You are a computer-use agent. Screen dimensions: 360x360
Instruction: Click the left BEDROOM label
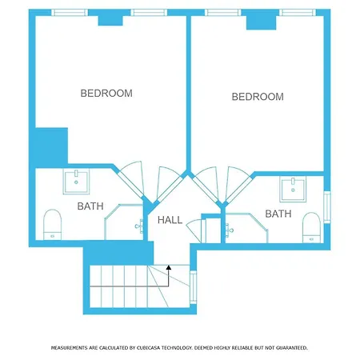pyautogui.click(x=106, y=94)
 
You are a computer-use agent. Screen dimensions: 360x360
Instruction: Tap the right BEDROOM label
pyautogui.click(x=258, y=97)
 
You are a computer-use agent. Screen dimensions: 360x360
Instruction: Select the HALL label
pyautogui.click(x=170, y=220)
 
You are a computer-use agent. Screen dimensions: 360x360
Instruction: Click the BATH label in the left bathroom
pyautogui.click(x=90, y=206)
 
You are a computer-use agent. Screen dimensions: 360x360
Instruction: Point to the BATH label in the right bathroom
pyautogui.click(x=278, y=214)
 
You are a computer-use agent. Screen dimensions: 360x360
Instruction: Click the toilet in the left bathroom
pyautogui.click(x=52, y=225)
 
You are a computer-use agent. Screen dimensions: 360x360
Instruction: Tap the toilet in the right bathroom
pyautogui.click(x=311, y=227)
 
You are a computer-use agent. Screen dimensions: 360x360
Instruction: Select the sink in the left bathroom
pyautogui.click(x=76, y=182)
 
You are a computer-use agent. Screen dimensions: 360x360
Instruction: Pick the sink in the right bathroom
pyautogui.click(x=293, y=189)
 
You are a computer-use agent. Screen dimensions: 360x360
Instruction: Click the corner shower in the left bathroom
pyautogui.click(x=124, y=222)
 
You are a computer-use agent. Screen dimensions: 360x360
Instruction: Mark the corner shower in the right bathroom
pyautogui.click(x=246, y=228)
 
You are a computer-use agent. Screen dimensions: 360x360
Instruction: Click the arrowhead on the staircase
pyautogui.click(x=169, y=267)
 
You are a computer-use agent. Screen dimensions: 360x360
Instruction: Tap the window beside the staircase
pyautogui.click(x=193, y=287)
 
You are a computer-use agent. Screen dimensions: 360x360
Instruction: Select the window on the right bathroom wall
pyautogui.click(x=327, y=207)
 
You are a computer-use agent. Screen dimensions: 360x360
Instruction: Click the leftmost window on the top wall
pyautogui.click(x=70, y=13)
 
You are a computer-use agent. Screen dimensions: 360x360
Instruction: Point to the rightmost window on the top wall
pyautogui.click(x=298, y=13)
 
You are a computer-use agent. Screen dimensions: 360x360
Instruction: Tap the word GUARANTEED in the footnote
pyautogui.click(x=292, y=348)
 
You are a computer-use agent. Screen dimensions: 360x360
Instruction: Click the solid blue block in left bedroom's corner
pyautogui.click(x=51, y=147)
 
